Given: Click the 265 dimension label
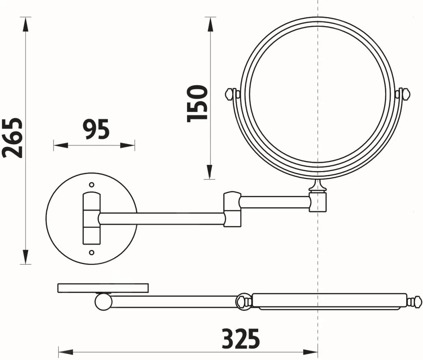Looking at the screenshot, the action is click(x=12, y=137).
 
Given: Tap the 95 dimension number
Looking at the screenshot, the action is click(x=96, y=129).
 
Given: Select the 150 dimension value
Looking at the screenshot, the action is click(x=197, y=104).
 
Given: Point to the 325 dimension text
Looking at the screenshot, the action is click(x=241, y=339).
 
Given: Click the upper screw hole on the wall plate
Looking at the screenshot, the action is click(x=92, y=185).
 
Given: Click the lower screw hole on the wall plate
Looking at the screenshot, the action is click(x=92, y=253).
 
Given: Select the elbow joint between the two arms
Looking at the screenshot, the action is click(x=232, y=209).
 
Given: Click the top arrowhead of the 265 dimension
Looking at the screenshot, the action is click(x=26, y=25).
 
